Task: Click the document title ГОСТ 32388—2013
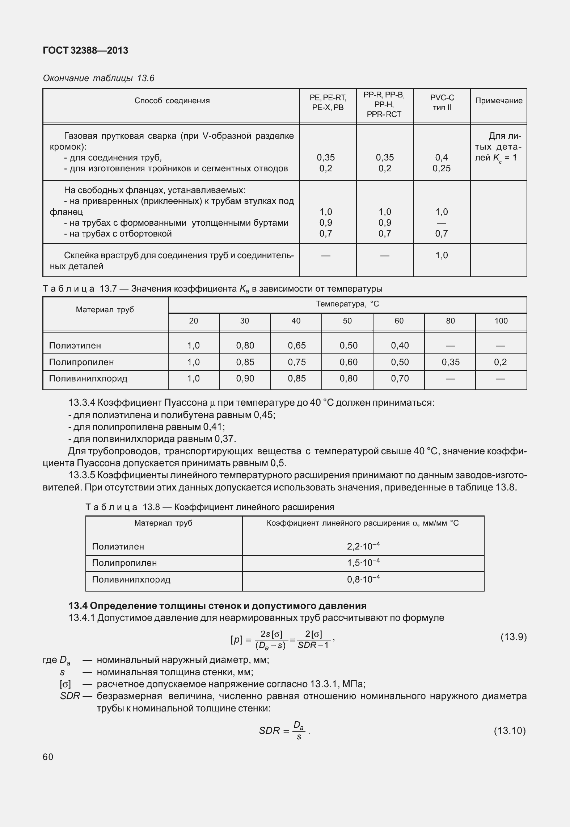tap(85, 51)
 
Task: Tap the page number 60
tap(48, 757)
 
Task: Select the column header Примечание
tap(498, 101)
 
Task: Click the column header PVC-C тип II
tap(442, 103)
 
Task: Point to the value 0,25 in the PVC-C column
tap(442, 168)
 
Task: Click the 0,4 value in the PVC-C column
tap(442, 158)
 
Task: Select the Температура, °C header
tap(347, 304)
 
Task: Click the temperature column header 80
tap(450, 321)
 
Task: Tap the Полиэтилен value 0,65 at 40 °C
tap(296, 346)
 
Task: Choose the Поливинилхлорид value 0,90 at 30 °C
tap(245, 379)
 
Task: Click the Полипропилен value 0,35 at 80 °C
tap(450, 362)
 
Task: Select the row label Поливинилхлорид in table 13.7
tap(88, 379)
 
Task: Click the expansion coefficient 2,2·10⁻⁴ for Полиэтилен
tap(363, 546)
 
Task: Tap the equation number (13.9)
tap(513, 637)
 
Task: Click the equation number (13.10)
tap(510, 731)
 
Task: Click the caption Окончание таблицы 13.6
tap(98, 78)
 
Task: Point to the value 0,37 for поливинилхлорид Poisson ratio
tap(225, 439)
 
